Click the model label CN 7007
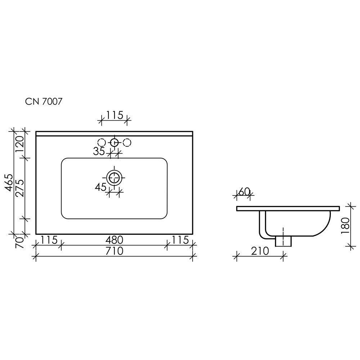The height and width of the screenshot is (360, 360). click(x=44, y=101)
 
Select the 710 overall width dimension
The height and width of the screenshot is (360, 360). click(x=114, y=251)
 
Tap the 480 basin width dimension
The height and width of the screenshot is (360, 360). click(x=114, y=240)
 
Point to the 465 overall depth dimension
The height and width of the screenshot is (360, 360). click(x=9, y=183)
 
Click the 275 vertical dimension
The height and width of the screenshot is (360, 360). click(x=20, y=188)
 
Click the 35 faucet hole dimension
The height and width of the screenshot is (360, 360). click(x=99, y=151)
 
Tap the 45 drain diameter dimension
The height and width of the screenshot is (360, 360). click(x=100, y=187)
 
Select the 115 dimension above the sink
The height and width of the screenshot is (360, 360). click(x=114, y=115)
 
